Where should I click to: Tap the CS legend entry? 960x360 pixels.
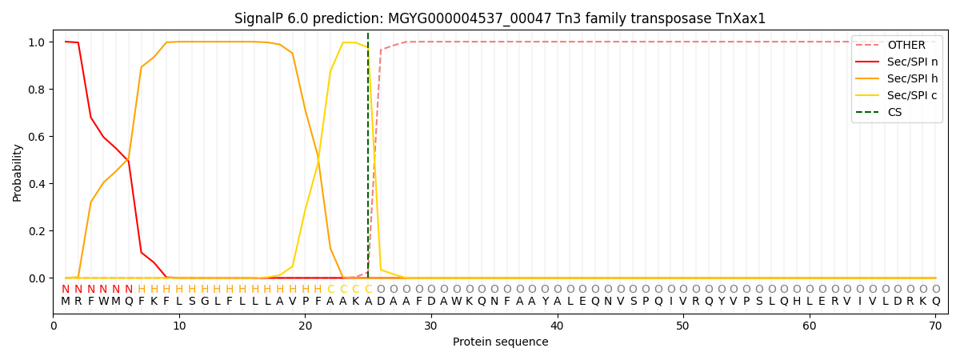[x=894, y=112]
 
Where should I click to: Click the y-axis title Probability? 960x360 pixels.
[x=18, y=172]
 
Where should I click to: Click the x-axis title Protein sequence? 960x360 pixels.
[x=501, y=342]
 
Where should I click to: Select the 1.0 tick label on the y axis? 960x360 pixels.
[x=37, y=42]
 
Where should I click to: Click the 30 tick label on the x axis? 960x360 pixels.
[x=431, y=326]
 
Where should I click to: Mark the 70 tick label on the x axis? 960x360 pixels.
[x=935, y=326]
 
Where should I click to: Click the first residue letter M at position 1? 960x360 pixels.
[x=66, y=302]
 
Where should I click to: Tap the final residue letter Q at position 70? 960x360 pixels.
[x=935, y=302]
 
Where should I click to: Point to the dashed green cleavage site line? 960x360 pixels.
[x=368, y=160]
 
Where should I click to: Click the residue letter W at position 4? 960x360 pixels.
[x=103, y=302]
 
